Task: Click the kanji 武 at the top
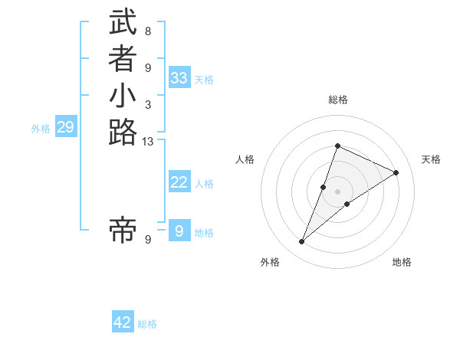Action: point(123,23)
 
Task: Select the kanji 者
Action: point(123,60)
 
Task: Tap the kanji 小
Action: point(123,97)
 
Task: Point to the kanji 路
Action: point(123,133)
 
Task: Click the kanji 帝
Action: point(123,231)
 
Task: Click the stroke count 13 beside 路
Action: point(148,141)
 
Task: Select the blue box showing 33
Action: point(179,78)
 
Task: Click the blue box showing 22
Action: point(179,182)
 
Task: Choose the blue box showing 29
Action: point(65,127)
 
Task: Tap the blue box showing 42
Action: point(123,322)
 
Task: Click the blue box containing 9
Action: point(179,231)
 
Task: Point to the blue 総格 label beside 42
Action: point(147,324)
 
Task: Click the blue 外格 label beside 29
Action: point(41,129)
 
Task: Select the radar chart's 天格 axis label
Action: point(431,159)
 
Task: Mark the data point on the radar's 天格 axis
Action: point(396,173)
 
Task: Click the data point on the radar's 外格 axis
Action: point(302,242)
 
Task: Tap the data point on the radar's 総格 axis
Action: point(337,146)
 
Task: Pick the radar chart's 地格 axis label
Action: point(402,262)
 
